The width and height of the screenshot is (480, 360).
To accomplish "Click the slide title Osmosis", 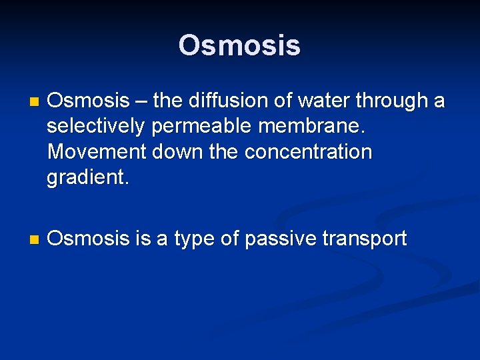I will pos(239,46).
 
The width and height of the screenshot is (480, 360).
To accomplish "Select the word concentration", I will pos(308,152).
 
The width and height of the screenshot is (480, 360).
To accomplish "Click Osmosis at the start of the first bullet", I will pos(89,101).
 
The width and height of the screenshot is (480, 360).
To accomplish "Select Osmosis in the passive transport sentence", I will pos(89,239).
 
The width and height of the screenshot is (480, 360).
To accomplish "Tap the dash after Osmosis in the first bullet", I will pos(141,102).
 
